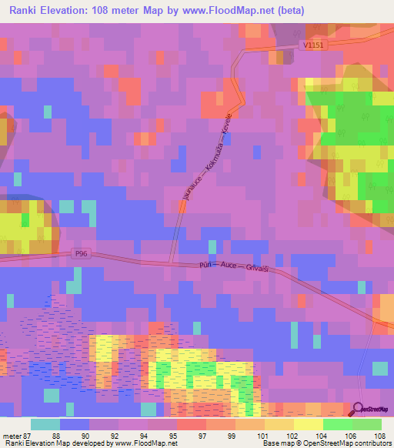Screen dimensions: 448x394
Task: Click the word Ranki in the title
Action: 26,11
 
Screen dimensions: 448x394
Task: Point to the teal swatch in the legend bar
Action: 45,424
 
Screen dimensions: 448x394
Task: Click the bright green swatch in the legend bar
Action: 336,424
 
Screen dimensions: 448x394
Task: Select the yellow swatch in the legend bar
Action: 307,424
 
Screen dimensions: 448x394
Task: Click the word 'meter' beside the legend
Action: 11,435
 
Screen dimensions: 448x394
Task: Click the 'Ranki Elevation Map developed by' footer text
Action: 57,443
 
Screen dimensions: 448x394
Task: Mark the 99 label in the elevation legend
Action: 231,435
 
